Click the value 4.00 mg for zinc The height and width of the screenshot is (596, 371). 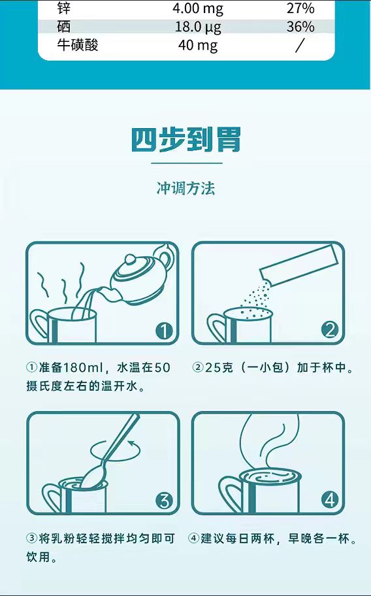coord(197,8)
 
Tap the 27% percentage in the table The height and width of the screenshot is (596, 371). coord(300,8)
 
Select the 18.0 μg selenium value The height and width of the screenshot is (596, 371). coord(197,27)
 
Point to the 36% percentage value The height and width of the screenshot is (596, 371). coord(300,27)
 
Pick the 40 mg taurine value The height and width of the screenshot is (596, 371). coord(197,45)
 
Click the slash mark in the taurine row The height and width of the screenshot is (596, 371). coord(300,45)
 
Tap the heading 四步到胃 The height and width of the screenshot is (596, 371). coord(185,139)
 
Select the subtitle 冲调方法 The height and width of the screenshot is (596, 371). coord(185,189)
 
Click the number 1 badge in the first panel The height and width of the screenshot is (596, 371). coord(164,331)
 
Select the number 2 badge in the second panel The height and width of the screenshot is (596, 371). coord(329,330)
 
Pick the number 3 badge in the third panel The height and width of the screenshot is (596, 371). coord(164,501)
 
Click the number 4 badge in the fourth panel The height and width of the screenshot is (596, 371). coord(329,501)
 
